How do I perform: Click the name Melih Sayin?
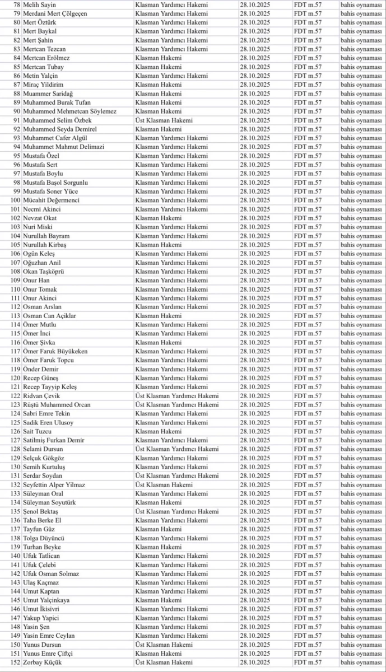[39, 4]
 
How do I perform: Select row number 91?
[16, 120]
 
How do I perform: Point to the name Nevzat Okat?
[40, 218]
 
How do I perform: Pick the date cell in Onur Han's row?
[255, 280]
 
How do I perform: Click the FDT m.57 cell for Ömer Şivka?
[308, 342]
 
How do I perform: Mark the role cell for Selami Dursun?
[177, 449]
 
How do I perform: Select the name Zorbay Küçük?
[43, 662]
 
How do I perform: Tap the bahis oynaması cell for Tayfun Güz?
[361, 529]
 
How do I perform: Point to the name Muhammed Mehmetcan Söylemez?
[69, 111]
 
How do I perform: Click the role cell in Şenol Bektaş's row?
[177, 511]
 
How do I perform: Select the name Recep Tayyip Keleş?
[50, 387]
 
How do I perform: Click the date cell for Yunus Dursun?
[255, 645]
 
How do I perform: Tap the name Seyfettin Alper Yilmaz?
[54, 485]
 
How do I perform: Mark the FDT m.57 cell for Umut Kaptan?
[308, 591]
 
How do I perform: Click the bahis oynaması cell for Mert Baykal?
[361, 31]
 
